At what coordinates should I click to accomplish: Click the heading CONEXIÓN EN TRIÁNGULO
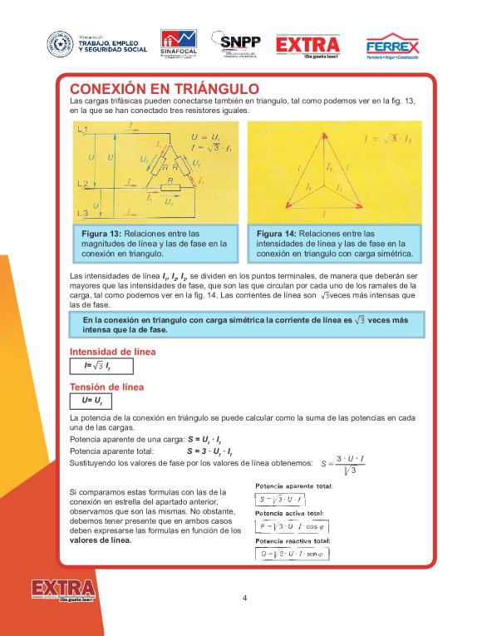click(x=165, y=89)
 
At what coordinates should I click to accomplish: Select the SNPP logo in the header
click(x=237, y=45)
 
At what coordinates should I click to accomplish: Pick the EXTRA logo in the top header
click(x=307, y=46)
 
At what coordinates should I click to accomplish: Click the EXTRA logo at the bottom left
click(x=63, y=590)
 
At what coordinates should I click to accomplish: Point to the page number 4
click(x=244, y=597)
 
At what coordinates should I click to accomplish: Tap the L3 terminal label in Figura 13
click(x=81, y=214)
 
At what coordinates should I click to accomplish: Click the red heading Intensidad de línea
click(x=112, y=352)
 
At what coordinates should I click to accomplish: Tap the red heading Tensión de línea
click(x=106, y=387)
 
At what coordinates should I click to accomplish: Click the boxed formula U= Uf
click(x=91, y=401)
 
